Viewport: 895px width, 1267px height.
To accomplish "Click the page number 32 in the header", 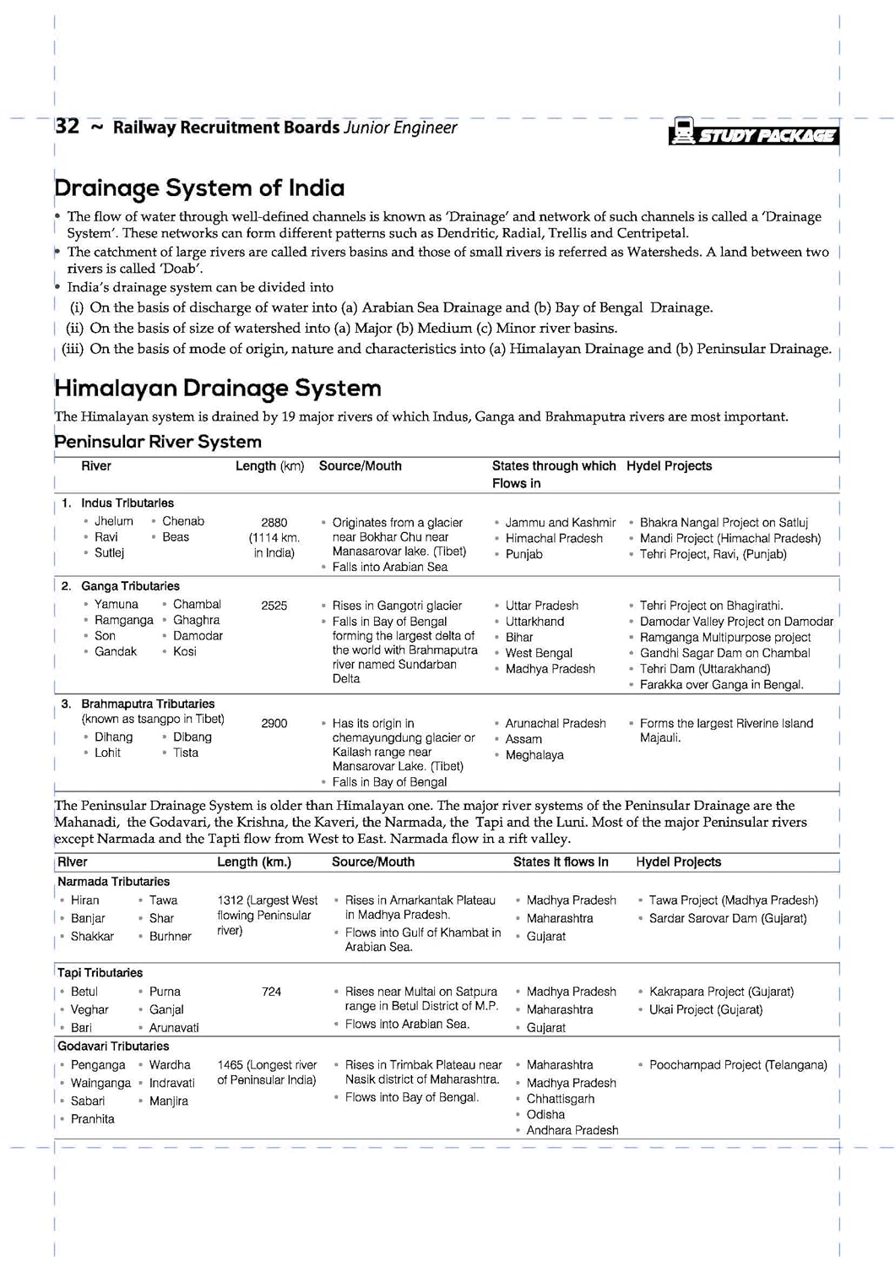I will [x=67, y=127].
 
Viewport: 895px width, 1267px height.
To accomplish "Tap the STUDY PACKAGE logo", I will [x=753, y=133].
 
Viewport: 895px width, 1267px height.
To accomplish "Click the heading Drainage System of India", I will [x=199, y=188].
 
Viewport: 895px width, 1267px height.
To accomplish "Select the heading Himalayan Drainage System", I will [x=217, y=388].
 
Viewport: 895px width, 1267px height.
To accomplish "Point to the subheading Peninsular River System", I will [x=158, y=442].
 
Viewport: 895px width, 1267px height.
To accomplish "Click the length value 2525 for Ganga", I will [x=274, y=606].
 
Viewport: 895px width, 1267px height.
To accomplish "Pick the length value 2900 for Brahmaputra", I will [x=274, y=723].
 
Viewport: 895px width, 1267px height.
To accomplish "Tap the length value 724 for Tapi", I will [x=271, y=992].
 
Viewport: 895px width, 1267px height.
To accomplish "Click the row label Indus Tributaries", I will [x=127, y=503].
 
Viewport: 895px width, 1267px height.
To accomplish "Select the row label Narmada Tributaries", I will [x=113, y=881].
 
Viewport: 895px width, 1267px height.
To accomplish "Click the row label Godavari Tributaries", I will [x=113, y=1046].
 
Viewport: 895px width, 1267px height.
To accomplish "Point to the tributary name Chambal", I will [x=197, y=604].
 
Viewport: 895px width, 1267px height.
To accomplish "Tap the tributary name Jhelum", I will [x=114, y=521].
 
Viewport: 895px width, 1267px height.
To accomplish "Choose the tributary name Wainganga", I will [x=100, y=1083].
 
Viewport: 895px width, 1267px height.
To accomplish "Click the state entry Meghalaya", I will [x=534, y=755].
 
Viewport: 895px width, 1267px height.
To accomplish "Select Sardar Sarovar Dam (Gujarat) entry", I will [x=727, y=918].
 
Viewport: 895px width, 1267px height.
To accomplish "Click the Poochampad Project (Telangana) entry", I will [x=738, y=1065].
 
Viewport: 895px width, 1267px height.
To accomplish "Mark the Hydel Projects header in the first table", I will [x=669, y=466].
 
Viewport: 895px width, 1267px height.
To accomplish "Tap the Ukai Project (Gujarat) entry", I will [x=705, y=1009].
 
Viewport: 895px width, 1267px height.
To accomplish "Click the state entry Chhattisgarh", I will [x=560, y=1099].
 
